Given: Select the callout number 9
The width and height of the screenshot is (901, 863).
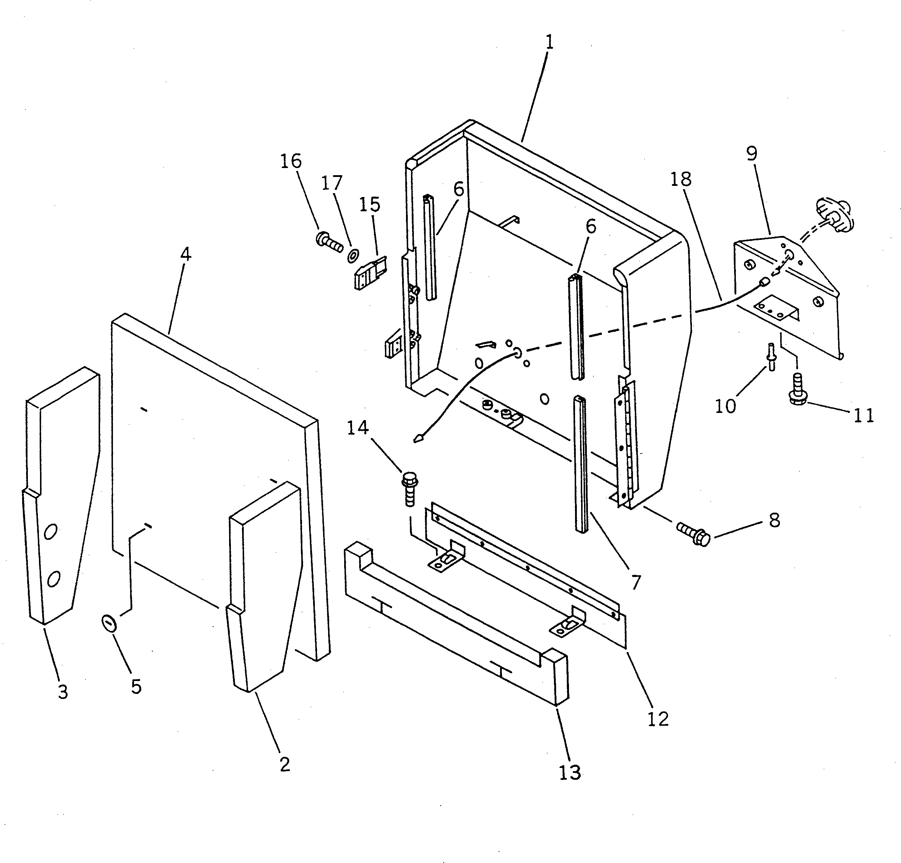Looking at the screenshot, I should coord(752,154).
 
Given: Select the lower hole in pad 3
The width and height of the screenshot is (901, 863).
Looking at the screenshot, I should coord(53,578).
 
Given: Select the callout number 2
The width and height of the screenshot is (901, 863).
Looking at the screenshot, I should coord(285,764).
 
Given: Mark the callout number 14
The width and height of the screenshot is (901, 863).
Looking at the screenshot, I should coord(358,428).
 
